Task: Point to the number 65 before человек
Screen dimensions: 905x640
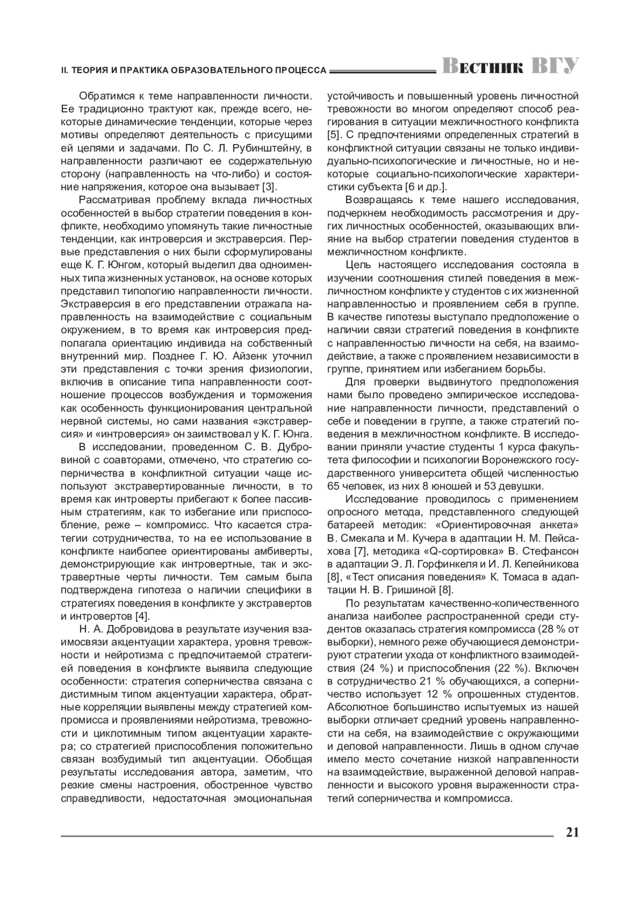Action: [334, 486]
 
